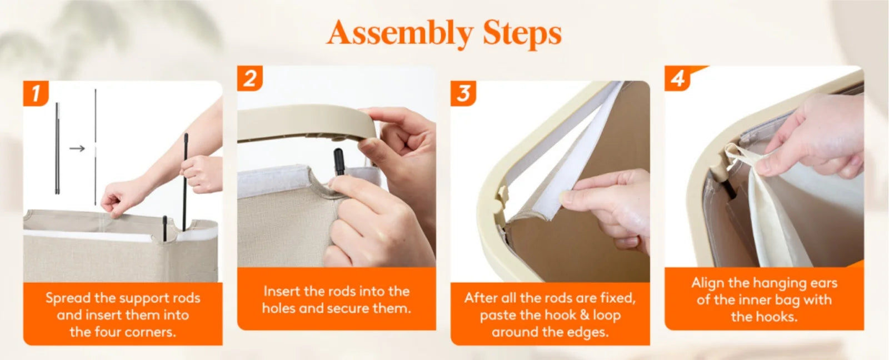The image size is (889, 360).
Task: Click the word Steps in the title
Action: (522, 33)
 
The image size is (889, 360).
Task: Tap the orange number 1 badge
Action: (36, 93)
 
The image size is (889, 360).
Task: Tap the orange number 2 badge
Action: (249, 78)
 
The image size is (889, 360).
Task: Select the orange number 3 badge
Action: (463, 93)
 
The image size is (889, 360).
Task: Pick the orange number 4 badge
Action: (678, 78)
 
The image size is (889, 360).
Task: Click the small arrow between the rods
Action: (77, 148)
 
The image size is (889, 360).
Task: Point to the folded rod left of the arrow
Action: (58, 148)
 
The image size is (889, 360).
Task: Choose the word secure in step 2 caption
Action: (349, 308)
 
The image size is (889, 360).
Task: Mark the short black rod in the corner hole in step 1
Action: (164, 229)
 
